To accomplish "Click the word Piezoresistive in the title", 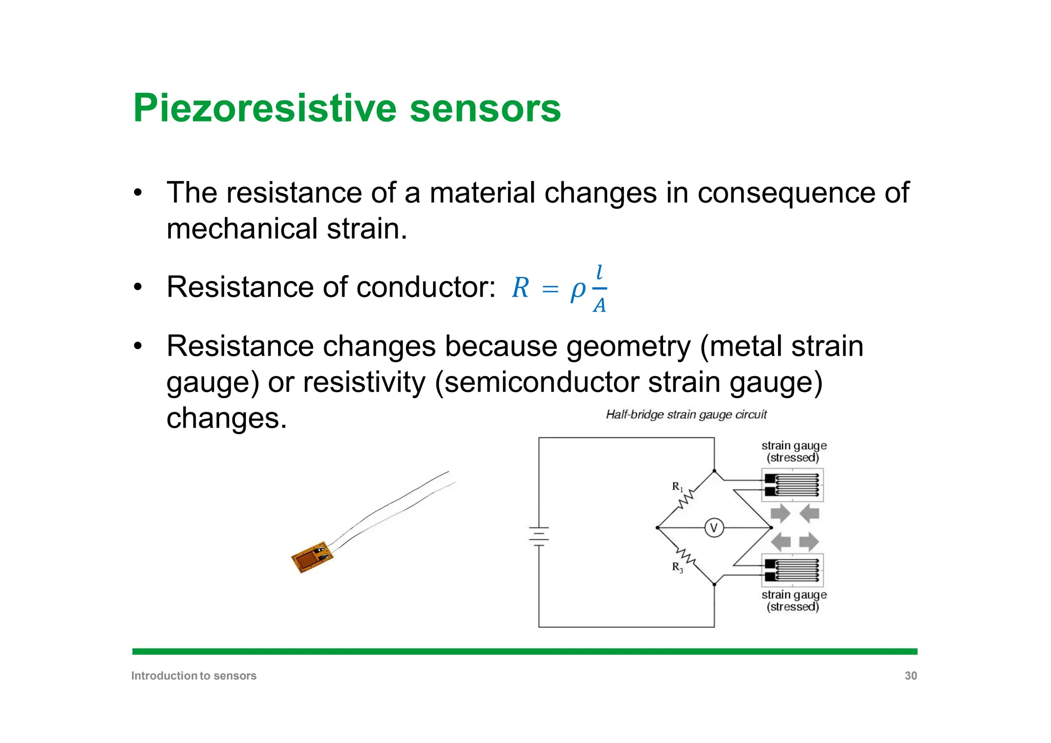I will click(x=265, y=108).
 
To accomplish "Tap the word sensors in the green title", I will click(x=485, y=108).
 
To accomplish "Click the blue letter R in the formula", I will click(x=520, y=288).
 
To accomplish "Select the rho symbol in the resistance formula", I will click(x=577, y=290).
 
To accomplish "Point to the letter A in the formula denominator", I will click(x=599, y=306).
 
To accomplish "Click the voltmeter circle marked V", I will click(x=714, y=528).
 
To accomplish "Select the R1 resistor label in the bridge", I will click(x=677, y=486).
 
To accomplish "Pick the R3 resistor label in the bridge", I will click(x=677, y=568).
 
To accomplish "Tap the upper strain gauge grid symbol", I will click(x=793, y=485).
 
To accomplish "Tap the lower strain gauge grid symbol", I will click(x=793, y=570).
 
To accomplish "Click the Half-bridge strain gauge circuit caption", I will click(x=686, y=415).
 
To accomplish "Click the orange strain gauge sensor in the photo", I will click(x=311, y=557).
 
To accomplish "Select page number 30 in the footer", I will click(x=910, y=676).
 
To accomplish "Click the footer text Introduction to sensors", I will click(x=194, y=676).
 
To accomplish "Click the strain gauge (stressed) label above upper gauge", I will click(x=793, y=452).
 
